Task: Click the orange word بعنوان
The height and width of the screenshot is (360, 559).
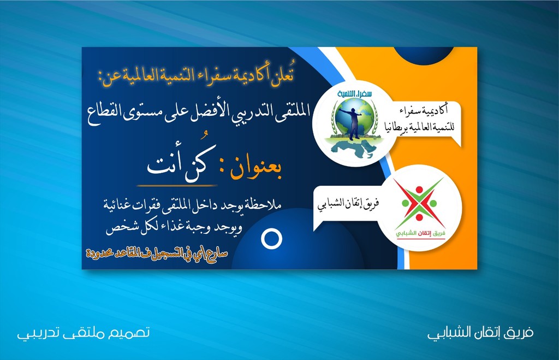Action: pos(255,171)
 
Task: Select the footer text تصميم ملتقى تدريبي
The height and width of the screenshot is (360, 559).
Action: pos(84,333)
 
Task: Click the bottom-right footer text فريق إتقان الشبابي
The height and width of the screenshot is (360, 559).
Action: pos(480,333)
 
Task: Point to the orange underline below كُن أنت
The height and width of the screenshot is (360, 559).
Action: pos(177,186)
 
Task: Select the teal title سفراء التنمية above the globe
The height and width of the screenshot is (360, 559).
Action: pos(354,94)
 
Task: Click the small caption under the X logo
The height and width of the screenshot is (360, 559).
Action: pos(421,233)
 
